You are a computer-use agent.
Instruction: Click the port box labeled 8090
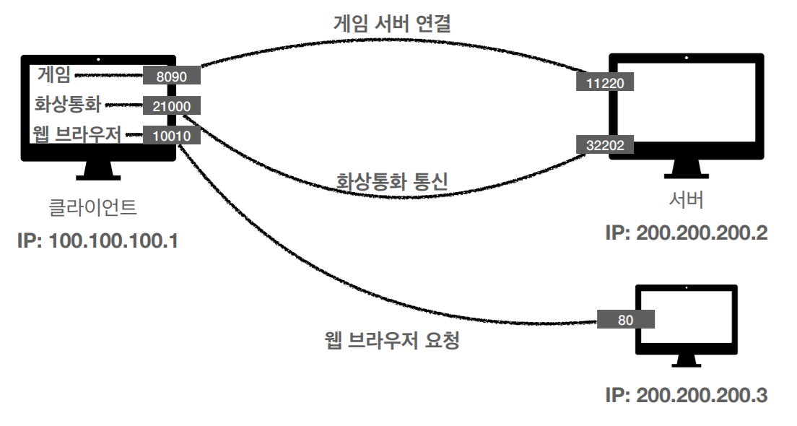click(x=172, y=76)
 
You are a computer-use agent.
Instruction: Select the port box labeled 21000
click(x=172, y=105)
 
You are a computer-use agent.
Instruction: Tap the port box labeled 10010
click(x=172, y=135)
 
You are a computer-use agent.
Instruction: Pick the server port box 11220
click(x=605, y=82)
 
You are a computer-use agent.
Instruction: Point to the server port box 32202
click(x=605, y=144)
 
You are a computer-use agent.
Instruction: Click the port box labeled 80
click(x=626, y=319)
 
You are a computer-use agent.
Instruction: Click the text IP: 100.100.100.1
click(x=98, y=241)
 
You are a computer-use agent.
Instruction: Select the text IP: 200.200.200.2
click(x=687, y=232)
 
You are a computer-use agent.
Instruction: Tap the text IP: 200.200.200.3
click(x=687, y=395)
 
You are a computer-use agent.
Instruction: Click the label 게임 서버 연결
click(x=393, y=23)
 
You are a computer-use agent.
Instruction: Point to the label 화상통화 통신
click(x=392, y=181)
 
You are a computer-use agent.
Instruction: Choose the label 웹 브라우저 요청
click(x=392, y=339)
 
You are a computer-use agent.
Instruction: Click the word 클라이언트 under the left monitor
click(x=92, y=207)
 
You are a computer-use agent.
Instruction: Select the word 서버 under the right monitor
click(x=687, y=199)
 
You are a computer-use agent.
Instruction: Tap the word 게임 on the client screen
click(x=54, y=74)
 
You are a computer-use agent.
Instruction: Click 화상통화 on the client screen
click(x=68, y=104)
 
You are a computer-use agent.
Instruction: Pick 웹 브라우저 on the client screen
click(x=77, y=134)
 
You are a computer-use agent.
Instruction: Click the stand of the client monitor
click(x=98, y=171)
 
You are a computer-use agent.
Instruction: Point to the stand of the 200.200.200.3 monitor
click(x=687, y=360)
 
